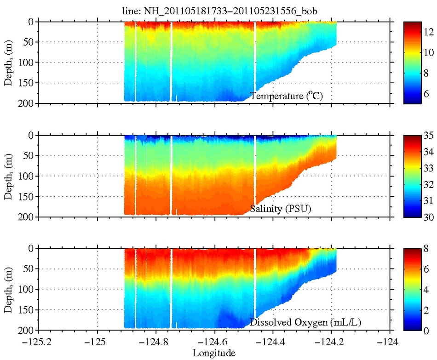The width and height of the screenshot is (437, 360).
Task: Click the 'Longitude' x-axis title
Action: (214, 353)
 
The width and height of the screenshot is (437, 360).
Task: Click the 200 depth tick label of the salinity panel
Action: (27, 217)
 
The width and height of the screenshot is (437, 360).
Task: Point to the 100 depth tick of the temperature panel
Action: (27, 63)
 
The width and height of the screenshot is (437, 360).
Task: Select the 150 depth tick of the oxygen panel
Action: (27, 310)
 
